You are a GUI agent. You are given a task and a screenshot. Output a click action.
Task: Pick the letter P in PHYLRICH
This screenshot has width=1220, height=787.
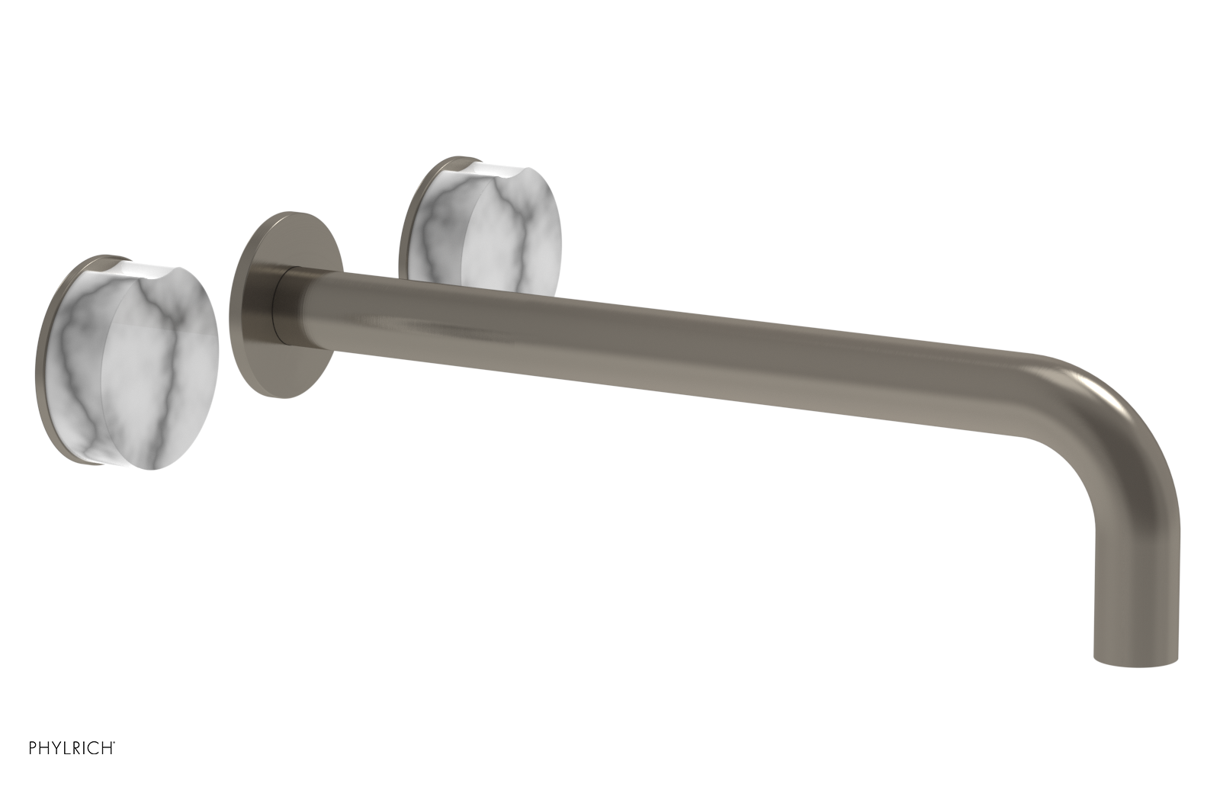pos(34,766)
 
